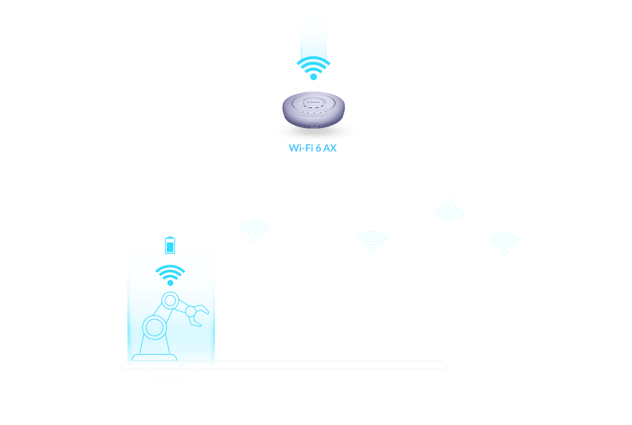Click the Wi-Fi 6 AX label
pyautogui.click(x=312, y=148)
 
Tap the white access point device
pyautogui.click(x=313, y=110)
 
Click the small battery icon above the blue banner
pyautogui.click(x=170, y=244)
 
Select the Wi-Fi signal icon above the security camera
pyautogui.click(x=505, y=243)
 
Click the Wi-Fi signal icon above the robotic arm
pyautogui.click(x=373, y=241)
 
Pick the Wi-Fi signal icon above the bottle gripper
pyautogui.click(x=254, y=230)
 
